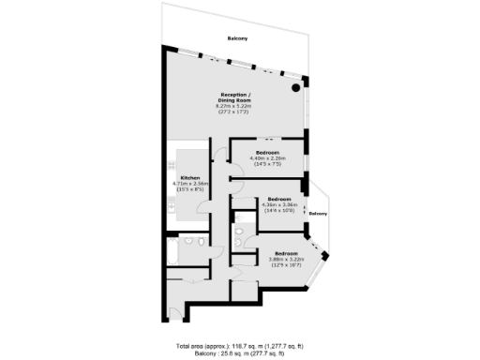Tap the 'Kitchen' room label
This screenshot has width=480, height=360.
click(x=189, y=177)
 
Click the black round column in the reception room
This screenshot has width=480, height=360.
click(x=296, y=87)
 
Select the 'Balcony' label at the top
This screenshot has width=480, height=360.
click(x=238, y=37)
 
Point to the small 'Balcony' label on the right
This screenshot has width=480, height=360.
click(x=319, y=214)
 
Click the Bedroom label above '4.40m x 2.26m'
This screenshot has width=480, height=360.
click(x=269, y=152)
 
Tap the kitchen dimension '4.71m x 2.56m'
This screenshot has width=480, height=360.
click(x=189, y=184)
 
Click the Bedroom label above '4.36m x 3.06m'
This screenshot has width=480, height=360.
click(x=279, y=199)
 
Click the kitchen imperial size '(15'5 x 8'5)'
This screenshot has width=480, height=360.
click(x=189, y=190)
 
